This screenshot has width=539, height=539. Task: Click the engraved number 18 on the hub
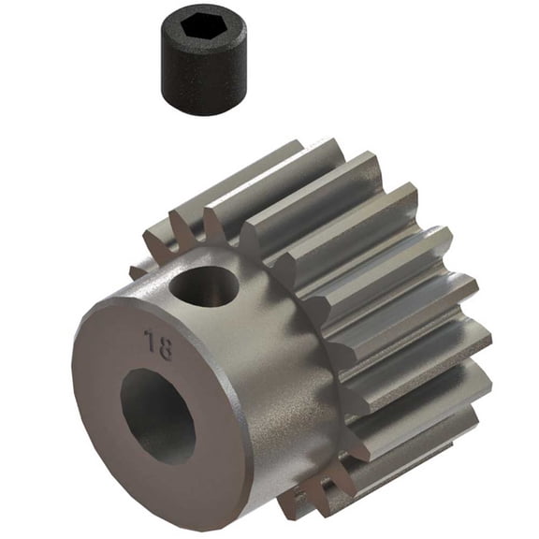[x=158, y=345]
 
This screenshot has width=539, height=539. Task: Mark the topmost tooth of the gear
[x=281, y=154]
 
